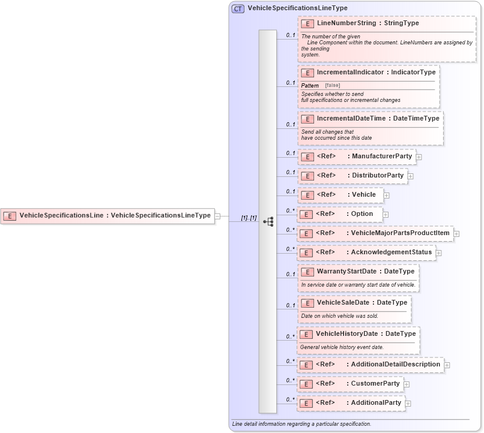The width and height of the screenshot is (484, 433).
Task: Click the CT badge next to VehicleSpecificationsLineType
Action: point(238,8)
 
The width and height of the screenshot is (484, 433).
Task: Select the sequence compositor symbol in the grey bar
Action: point(268,221)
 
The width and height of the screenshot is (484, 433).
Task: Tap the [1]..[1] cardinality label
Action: point(249,218)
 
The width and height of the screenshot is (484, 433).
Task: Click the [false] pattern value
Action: point(333,86)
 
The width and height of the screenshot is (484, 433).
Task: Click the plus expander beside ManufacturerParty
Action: point(419,157)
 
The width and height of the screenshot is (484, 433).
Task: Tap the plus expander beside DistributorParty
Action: point(410,176)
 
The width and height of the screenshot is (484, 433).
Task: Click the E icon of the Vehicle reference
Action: point(307,195)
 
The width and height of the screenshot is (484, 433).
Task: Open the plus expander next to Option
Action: point(386,214)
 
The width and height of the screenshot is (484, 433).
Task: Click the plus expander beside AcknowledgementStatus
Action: point(438,253)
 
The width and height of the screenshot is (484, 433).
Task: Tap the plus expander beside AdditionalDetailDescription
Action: point(447,365)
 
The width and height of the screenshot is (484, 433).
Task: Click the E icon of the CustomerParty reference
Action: point(306,384)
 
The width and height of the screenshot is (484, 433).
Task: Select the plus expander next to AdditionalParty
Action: point(408,404)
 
